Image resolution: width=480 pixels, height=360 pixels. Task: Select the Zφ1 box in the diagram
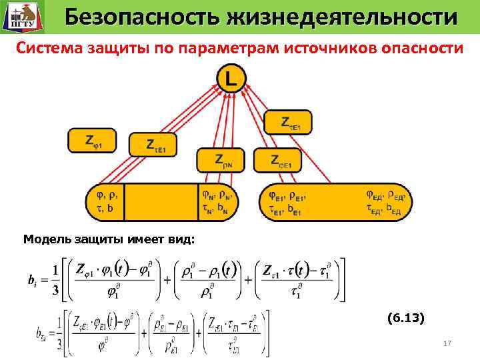pyautogui.click(x=92, y=141)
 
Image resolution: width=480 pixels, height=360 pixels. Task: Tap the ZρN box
pyautogui.click(x=220, y=160)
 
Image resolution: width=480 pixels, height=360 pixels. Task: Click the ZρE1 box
pyautogui.click(x=285, y=160)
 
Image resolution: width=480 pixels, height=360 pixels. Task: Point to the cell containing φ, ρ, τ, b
pyautogui.click(x=106, y=202)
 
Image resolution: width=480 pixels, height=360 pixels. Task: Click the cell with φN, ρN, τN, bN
pyautogui.click(x=217, y=202)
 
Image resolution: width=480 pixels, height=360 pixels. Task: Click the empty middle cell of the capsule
pyautogui.click(x=161, y=202)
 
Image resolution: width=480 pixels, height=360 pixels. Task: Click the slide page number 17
pyautogui.click(x=447, y=343)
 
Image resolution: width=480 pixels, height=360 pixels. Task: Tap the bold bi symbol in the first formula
pyautogui.click(x=32, y=281)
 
